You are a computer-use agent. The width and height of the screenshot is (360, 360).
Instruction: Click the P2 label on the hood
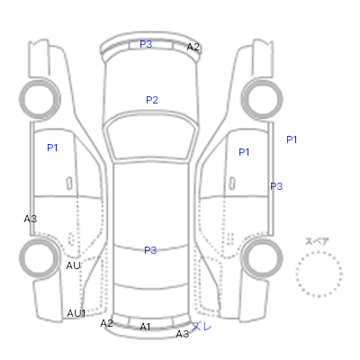click(152, 100)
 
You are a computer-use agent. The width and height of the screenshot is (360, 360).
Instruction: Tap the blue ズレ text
click(202, 326)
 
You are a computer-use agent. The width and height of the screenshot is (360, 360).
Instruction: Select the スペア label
click(317, 242)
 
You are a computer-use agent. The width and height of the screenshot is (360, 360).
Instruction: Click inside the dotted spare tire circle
click(319, 274)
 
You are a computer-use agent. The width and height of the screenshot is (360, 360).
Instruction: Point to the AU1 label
click(76, 313)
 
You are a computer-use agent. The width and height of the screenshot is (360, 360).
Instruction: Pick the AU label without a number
click(74, 265)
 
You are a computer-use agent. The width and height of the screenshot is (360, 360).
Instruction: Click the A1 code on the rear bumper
click(145, 327)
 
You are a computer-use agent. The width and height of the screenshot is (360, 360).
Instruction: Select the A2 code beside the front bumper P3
click(193, 47)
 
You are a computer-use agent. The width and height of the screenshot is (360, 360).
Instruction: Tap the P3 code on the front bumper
click(146, 44)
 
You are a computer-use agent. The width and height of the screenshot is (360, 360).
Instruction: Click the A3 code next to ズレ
click(183, 334)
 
